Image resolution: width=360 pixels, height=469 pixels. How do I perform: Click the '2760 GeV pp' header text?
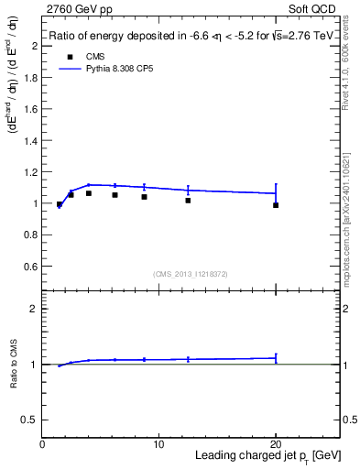click(77, 8)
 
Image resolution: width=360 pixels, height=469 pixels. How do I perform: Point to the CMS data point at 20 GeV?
click(276, 205)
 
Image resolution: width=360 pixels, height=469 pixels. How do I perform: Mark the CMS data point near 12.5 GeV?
click(188, 200)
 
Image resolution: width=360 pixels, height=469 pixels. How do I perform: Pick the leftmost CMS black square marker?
click(60, 204)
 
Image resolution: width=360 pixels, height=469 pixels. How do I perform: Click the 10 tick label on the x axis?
click(158, 444)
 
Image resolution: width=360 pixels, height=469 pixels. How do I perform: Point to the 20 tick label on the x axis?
click(276, 444)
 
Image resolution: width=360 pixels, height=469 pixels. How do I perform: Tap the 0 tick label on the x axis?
click(42, 444)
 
